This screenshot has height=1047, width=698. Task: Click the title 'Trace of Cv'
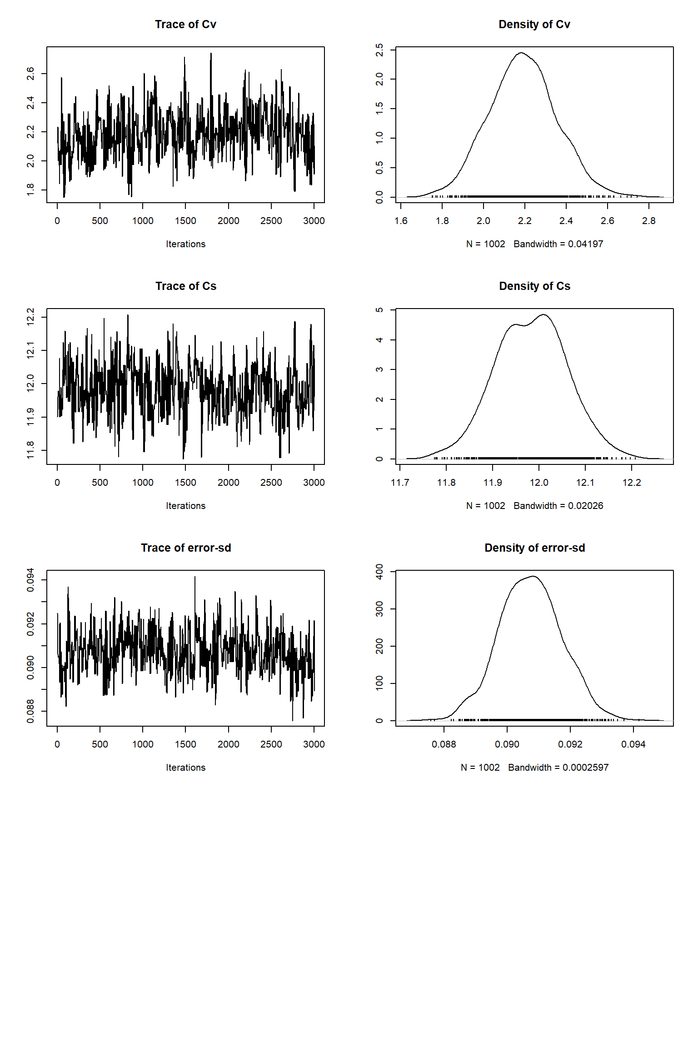[185, 25]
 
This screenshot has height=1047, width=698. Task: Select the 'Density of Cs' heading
[534, 286]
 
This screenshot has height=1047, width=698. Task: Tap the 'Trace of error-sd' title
[185, 548]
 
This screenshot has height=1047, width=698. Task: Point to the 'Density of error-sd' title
[534, 548]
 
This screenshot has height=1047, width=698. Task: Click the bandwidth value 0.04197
[585, 244]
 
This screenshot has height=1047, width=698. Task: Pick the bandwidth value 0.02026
[585, 506]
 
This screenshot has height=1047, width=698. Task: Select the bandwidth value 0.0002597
[585, 768]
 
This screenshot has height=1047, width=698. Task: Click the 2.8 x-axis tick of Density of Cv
[648, 221]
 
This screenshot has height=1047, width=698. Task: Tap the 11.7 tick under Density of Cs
[400, 483]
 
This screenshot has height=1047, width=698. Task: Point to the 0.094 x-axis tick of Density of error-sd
[633, 745]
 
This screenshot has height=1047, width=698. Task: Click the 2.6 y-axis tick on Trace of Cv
[30, 74]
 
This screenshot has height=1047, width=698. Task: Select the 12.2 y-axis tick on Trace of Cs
[30, 317]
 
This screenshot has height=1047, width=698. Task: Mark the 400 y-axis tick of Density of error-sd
[379, 572]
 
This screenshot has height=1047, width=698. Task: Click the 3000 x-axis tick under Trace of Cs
[314, 483]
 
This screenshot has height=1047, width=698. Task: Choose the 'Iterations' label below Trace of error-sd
[185, 768]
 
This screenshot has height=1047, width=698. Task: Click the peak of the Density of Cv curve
[521, 53]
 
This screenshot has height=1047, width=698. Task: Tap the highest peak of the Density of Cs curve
[543, 314]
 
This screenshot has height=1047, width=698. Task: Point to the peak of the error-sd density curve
[533, 576]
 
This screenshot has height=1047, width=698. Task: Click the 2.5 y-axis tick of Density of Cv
[379, 50]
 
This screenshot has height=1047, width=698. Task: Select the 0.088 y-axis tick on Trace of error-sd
[30, 711]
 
